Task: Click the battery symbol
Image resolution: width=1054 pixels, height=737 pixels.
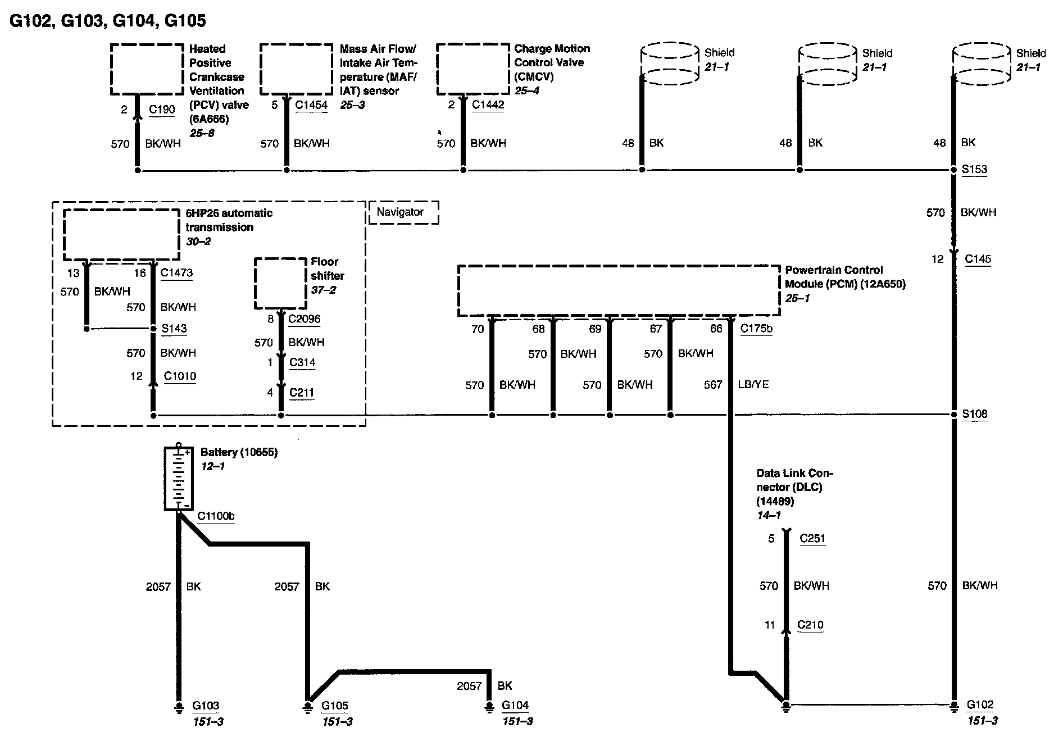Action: coord(179,478)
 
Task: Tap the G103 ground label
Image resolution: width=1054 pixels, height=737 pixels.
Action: coord(206,706)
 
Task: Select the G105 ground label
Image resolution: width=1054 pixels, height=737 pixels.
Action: coord(335,706)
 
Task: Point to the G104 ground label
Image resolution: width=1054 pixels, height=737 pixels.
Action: coord(515,705)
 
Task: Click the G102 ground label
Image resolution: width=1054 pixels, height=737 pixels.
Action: coord(980,704)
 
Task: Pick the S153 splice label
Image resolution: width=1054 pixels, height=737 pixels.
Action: coord(974,169)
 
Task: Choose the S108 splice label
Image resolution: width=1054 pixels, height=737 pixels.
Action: coord(974,414)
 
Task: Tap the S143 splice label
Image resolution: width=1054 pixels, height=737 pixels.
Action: coord(174,328)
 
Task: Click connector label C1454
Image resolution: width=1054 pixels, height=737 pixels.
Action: coord(311,105)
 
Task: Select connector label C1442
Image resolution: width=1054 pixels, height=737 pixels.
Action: coord(488,104)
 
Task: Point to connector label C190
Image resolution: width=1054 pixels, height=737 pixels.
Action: coord(162,109)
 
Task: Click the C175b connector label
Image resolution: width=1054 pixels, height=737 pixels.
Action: coord(756,329)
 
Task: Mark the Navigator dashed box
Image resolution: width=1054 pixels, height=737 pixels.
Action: coord(403,212)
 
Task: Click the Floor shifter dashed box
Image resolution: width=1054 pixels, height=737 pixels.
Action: coord(280,283)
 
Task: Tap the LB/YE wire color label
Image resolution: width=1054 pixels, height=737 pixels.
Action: coord(753,385)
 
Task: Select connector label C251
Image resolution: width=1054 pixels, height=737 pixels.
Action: coord(812,538)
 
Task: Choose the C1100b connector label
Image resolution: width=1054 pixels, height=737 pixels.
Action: coord(216,516)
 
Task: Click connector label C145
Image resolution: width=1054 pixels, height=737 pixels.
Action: coord(978,259)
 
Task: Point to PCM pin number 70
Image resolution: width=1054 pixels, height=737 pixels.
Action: coord(478,329)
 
